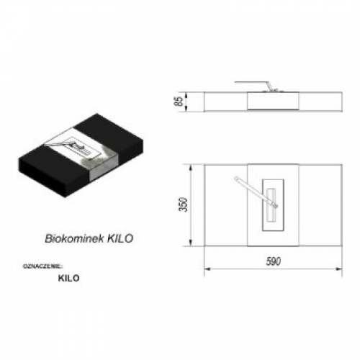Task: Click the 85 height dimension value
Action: pos(179,102)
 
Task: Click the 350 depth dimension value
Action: pos(183,204)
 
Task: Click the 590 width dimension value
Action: pos(274,261)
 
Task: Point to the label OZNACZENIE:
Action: pos(42,266)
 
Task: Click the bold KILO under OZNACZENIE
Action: pos(68,278)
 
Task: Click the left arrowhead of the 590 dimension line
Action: pos(207,269)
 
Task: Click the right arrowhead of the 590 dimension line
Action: pos(339,269)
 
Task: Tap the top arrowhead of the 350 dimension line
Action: pos(191,168)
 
